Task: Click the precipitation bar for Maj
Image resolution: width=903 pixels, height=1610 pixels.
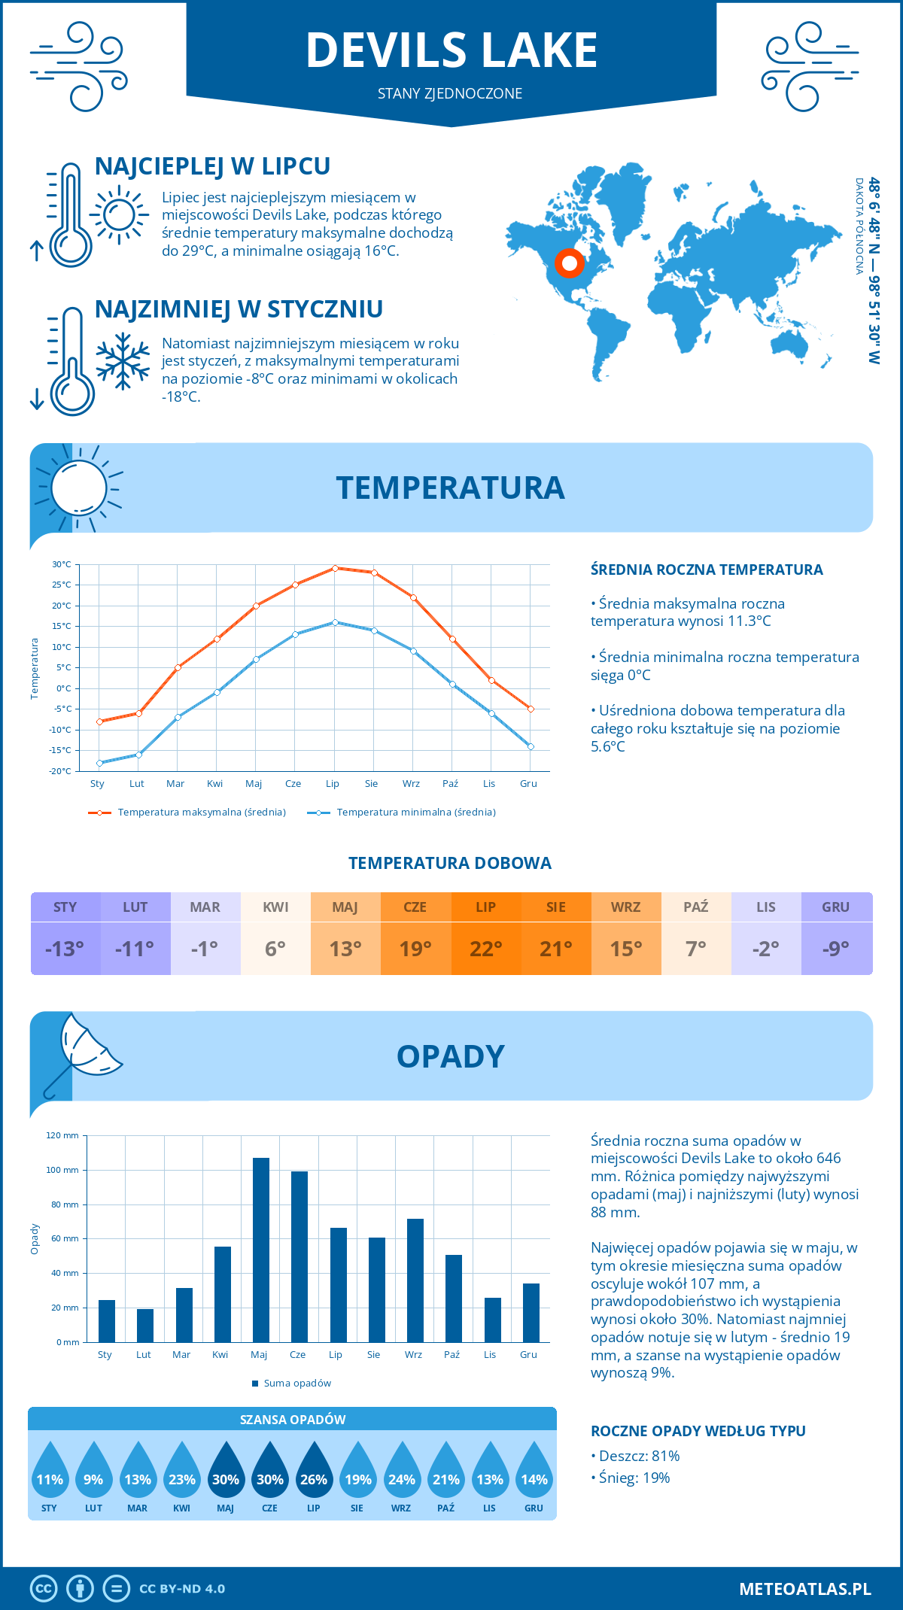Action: click(260, 1250)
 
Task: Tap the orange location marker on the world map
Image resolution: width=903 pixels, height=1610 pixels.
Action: click(570, 263)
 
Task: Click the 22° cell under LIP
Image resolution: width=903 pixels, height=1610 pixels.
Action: click(486, 949)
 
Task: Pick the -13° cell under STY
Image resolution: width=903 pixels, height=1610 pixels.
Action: click(65, 949)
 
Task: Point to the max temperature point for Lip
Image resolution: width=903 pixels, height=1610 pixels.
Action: click(335, 568)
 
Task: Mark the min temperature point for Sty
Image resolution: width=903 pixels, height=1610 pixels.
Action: click(99, 763)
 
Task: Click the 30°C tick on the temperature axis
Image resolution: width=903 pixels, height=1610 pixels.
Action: click(62, 564)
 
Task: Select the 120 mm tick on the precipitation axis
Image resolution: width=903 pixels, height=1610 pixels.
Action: click(62, 1135)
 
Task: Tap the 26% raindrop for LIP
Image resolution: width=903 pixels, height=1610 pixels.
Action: click(314, 1471)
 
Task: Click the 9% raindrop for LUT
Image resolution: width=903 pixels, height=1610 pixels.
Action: click(93, 1471)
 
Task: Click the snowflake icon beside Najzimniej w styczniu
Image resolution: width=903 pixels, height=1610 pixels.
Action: click(123, 360)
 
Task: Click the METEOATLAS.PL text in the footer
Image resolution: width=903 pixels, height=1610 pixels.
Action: click(804, 1589)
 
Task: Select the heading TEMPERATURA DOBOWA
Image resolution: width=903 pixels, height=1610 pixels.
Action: click(450, 863)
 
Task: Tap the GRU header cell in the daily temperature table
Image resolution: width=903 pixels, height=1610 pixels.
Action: click(835, 907)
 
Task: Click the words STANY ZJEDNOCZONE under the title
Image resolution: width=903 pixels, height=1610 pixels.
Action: click(450, 93)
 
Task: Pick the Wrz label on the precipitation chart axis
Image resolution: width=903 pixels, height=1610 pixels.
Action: click(413, 1355)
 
